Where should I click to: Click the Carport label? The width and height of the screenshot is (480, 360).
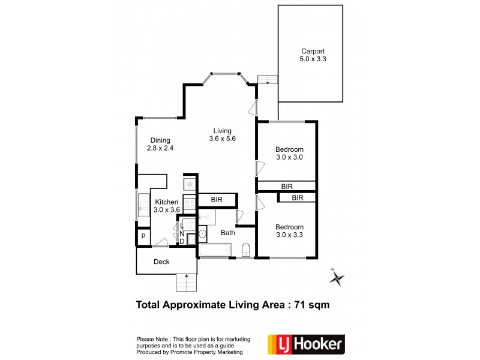[x=312, y=51]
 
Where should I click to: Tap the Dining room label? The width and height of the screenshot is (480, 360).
[x=160, y=140]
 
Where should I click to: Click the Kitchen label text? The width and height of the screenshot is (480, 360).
[x=166, y=202]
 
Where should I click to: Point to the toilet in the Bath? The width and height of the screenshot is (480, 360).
[x=245, y=250]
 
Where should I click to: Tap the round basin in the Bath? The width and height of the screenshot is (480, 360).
[x=202, y=233]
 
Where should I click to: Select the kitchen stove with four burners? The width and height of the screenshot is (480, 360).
[x=189, y=204]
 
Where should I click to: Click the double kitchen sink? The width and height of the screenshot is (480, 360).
[x=144, y=205]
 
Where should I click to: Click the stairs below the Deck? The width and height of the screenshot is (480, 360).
[x=186, y=281]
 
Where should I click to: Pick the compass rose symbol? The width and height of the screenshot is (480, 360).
[x=337, y=277]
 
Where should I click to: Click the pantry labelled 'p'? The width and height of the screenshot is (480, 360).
[x=143, y=237]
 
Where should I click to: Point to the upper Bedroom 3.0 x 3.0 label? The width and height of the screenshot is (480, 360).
[x=289, y=153]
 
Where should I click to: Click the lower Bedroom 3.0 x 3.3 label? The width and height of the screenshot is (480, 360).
[x=289, y=230]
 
